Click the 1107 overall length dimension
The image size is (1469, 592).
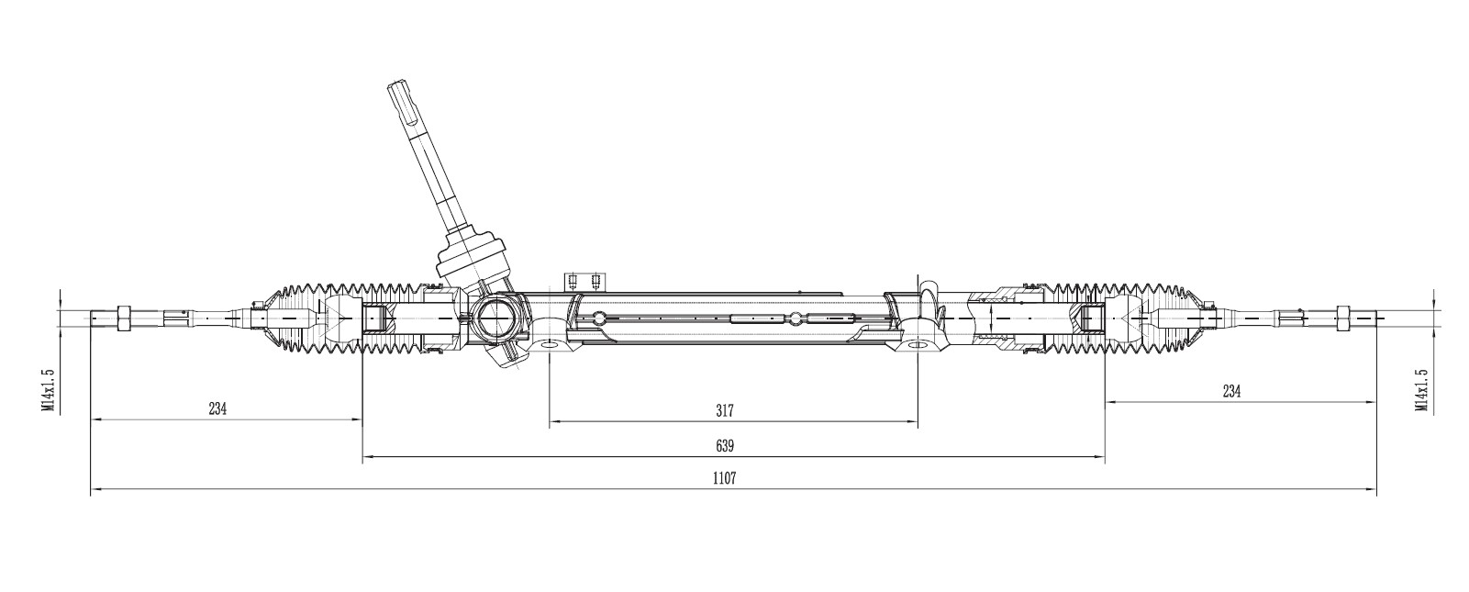click(725, 478)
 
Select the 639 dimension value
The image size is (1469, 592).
click(725, 446)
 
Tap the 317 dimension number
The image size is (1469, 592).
click(725, 411)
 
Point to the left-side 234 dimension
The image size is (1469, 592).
click(217, 408)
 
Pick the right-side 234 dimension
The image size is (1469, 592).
click(1231, 391)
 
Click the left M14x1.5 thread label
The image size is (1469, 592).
click(47, 390)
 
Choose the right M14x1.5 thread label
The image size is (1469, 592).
click(1421, 390)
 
